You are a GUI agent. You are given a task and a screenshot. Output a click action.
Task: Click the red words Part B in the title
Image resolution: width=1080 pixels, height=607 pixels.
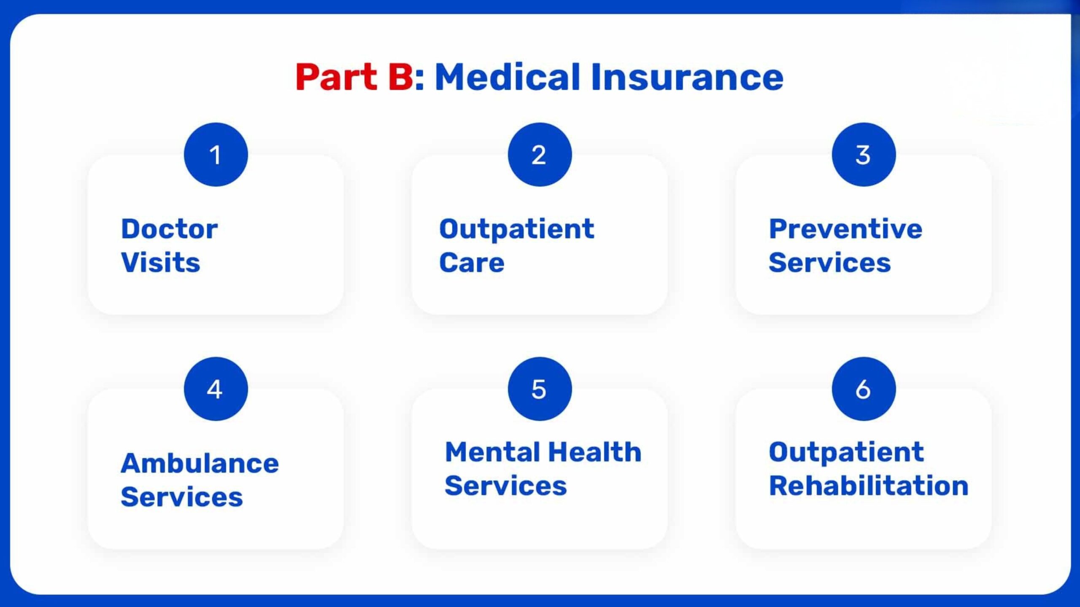point(354,77)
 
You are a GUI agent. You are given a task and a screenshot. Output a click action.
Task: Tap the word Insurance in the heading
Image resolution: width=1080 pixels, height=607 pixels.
point(687,77)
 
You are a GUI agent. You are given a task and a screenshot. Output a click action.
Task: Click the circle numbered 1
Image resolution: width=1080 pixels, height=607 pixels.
point(216,155)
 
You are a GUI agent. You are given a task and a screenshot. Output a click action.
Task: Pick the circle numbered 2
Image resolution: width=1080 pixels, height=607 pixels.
point(540,155)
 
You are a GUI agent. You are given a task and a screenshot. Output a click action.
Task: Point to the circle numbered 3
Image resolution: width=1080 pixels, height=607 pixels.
point(864,155)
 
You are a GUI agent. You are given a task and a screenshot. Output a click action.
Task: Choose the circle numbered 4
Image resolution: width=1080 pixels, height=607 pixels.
point(216,389)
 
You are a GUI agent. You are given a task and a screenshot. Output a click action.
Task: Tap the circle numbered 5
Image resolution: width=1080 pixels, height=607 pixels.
point(540,389)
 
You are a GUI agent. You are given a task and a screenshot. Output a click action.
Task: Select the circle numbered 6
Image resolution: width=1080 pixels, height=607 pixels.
point(864,389)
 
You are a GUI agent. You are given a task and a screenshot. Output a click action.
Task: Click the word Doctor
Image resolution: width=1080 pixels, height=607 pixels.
point(169,229)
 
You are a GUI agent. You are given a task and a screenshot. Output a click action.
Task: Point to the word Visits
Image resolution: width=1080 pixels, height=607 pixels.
point(160,263)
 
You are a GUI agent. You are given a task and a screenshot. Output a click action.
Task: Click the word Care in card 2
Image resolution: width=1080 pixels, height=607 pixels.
point(472,263)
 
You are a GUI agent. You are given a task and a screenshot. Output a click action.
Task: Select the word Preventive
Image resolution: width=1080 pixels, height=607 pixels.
point(845,229)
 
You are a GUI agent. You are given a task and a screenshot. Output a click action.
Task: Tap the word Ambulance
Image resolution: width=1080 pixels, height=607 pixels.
point(200,464)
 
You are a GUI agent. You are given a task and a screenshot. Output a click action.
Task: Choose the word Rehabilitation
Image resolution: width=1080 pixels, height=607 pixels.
point(868,486)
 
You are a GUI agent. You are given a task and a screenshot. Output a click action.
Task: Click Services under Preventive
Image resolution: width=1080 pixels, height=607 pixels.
point(829,263)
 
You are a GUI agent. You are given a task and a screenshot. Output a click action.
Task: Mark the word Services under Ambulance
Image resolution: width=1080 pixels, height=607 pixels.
point(181,497)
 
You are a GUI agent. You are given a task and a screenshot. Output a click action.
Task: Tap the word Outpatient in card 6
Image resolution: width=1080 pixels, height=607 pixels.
point(846,452)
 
